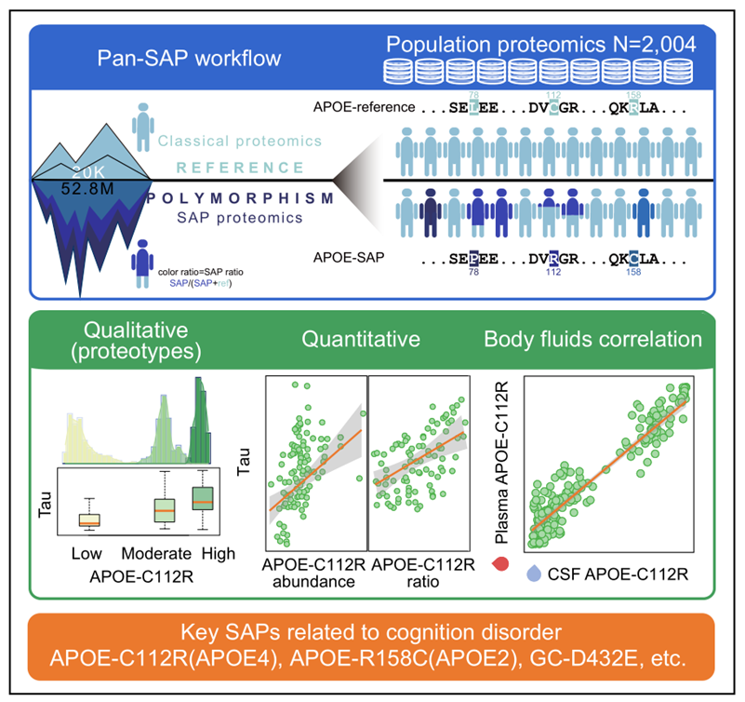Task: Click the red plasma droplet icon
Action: tap(499, 562)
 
